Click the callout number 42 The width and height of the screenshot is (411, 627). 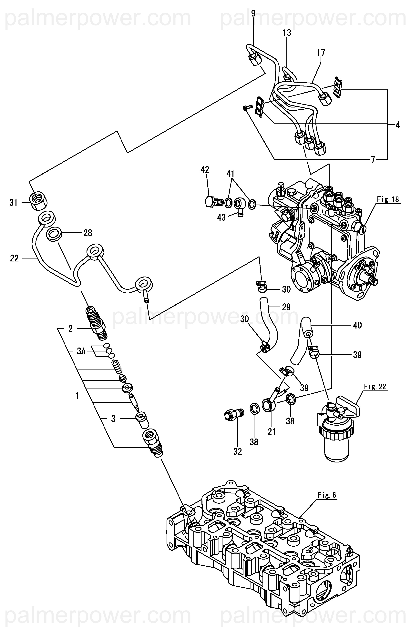pos(205,170)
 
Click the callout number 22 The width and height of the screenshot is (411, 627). pos(14,258)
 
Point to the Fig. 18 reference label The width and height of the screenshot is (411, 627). pos(388,199)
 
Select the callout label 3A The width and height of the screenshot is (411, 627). pos(81,351)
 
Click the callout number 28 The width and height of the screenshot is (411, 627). pos(88,233)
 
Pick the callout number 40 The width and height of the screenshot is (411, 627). pos(357,325)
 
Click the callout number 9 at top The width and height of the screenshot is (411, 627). pos(253,14)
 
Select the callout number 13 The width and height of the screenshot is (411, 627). pos(287,33)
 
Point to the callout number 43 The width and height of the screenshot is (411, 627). pos(221,217)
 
